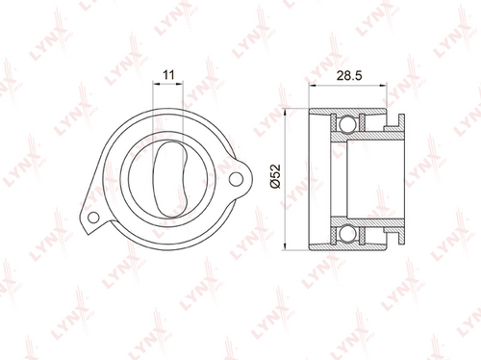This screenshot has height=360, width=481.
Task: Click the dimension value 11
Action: point(168,75)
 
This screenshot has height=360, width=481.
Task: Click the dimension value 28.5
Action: point(349,76)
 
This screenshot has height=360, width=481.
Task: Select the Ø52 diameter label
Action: point(275,176)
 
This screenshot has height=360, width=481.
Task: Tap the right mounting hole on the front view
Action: point(236,179)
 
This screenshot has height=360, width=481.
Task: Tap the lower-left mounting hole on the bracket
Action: point(93,218)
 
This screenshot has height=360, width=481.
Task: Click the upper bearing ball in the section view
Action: point(347,123)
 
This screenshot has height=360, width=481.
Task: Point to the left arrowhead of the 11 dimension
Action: point(156,84)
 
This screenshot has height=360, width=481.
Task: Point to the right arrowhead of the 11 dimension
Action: point(180,84)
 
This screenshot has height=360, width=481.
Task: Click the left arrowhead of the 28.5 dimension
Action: point(313,86)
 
